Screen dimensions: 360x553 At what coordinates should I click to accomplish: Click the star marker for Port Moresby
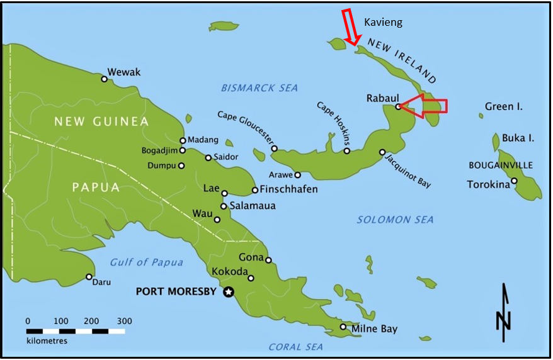pyautogui.click(x=229, y=291)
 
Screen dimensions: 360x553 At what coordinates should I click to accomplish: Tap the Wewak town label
pyautogui.click(x=124, y=72)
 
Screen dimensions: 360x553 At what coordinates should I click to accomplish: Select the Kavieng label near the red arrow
pyautogui.click(x=383, y=23)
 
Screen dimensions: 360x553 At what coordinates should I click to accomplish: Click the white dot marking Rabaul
pyautogui.click(x=398, y=107)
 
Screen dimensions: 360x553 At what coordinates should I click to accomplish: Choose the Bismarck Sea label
pyautogui.click(x=259, y=88)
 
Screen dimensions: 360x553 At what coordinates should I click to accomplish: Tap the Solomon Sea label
pyautogui.click(x=395, y=220)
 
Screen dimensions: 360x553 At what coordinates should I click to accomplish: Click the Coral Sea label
pyautogui.click(x=295, y=347)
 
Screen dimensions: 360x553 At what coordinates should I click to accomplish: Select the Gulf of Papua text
pyautogui.click(x=146, y=262)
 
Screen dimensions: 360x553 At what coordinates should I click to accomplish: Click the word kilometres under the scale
pyautogui.click(x=47, y=341)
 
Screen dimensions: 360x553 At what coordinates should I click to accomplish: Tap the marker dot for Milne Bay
pyautogui.click(x=343, y=327)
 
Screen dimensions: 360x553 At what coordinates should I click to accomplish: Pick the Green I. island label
pyautogui.click(x=504, y=107)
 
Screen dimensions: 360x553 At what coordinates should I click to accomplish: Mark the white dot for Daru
pyautogui.click(x=89, y=277)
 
